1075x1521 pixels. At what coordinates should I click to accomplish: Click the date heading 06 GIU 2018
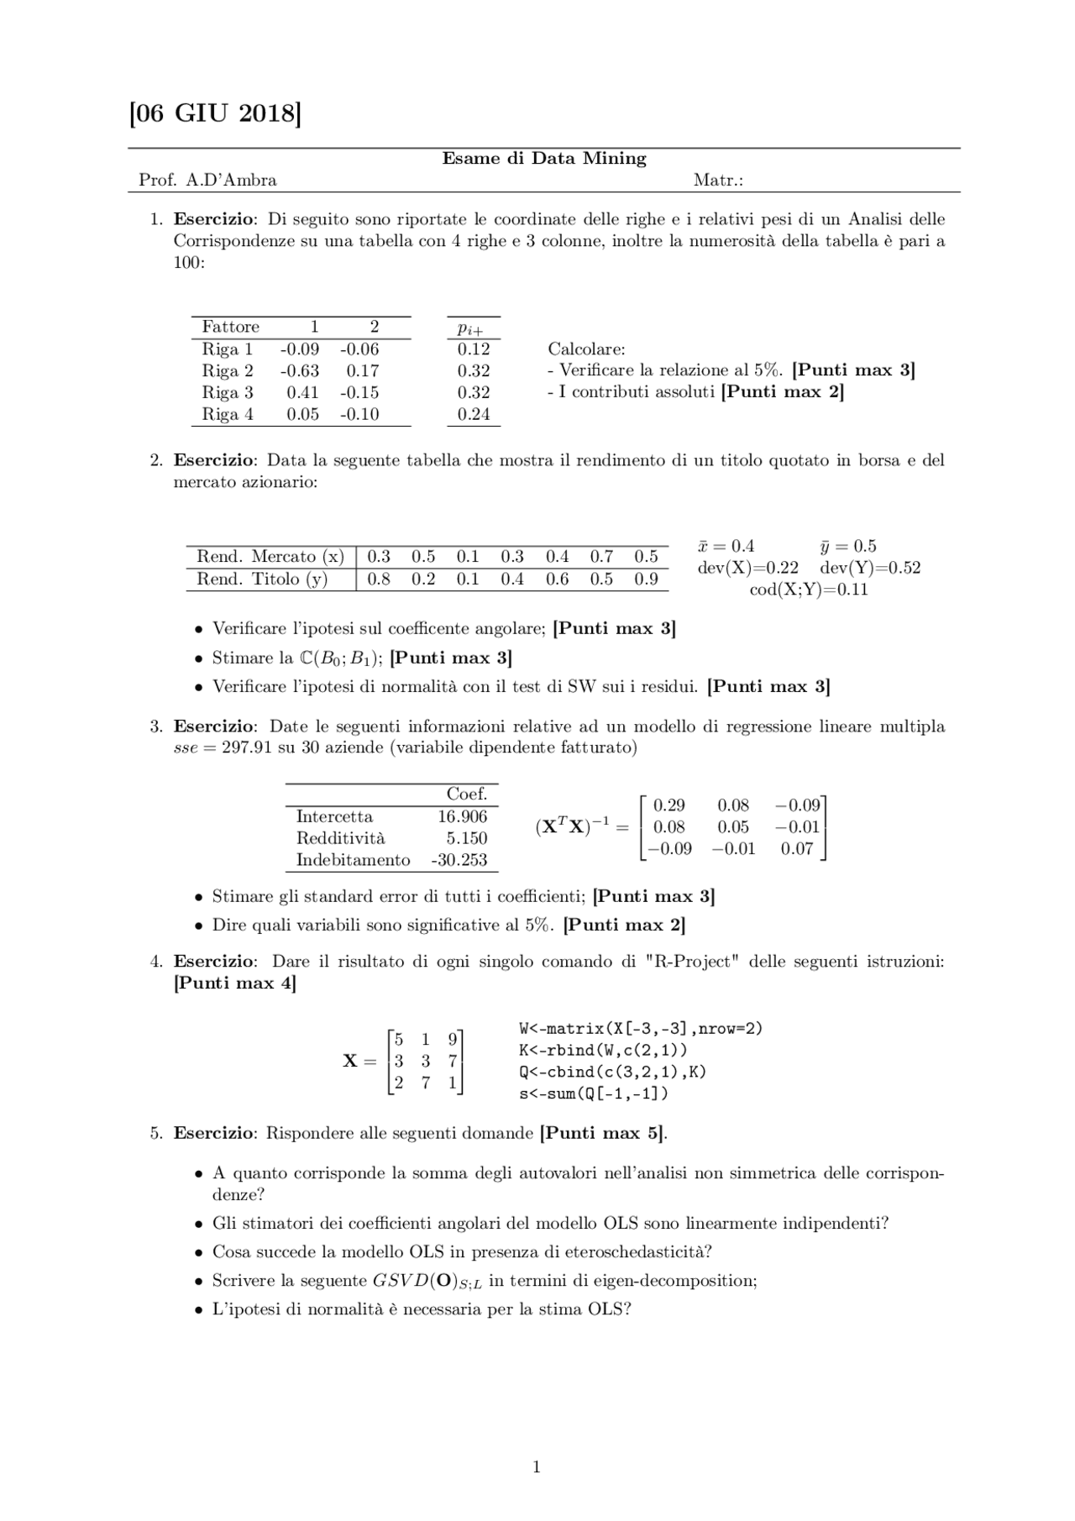click(215, 113)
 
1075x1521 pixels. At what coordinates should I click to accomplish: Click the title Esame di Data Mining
click(544, 159)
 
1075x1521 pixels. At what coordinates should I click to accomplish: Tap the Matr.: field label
click(718, 180)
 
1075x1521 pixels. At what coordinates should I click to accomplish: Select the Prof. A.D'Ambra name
click(207, 180)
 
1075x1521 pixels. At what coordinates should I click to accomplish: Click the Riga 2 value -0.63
click(299, 371)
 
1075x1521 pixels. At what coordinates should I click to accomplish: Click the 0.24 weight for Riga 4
click(474, 415)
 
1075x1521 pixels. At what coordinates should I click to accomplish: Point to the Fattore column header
click(230, 328)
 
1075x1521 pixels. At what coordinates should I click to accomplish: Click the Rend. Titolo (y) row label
click(262, 580)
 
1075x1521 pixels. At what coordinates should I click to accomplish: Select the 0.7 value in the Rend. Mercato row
click(601, 557)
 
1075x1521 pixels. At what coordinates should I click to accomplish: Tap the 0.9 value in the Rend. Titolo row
click(646, 580)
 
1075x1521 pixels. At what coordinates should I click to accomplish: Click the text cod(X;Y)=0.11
click(809, 590)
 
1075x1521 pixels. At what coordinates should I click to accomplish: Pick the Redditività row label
click(340, 838)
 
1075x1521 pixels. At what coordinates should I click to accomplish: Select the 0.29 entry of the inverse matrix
click(669, 805)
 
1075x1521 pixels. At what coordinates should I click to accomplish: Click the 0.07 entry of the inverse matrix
click(797, 849)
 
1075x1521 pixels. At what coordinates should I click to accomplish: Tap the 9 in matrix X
click(453, 1040)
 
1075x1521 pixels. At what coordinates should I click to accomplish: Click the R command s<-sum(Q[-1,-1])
click(594, 1094)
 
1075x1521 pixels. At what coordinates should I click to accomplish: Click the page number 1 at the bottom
click(537, 1467)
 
